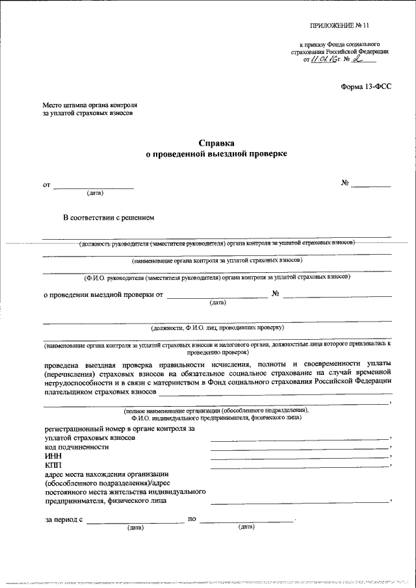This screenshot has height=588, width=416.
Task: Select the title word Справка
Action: (x=216, y=142)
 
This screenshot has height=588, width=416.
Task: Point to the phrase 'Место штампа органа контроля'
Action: (x=90, y=105)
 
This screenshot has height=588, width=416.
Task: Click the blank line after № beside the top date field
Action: (x=372, y=186)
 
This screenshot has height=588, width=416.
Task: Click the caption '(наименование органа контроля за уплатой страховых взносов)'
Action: (x=216, y=260)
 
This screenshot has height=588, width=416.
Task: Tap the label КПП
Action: (x=53, y=466)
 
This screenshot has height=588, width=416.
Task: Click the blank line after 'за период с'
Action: (x=135, y=522)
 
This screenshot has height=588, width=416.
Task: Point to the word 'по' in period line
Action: (x=192, y=519)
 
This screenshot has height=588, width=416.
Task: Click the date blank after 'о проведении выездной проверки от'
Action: (x=217, y=296)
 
